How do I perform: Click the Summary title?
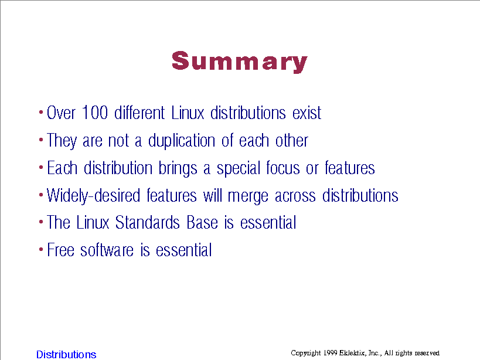pyautogui.click(x=239, y=62)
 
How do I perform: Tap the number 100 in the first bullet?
pyautogui.click(x=95, y=113)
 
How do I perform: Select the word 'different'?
pyautogui.click(x=139, y=113)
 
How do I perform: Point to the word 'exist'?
pyautogui.click(x=307, y=113)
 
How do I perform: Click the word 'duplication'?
pyautogui.click(x=182, y=141)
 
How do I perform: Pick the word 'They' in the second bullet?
pyautogui.click(x=62, y=141)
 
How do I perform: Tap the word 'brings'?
pyautogui.click(x=178, y=169)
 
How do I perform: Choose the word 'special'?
pyautogui.click(x=239, y=169)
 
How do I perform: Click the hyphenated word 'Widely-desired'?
pyautogui.click(x=93, y=196)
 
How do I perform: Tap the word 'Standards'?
pyautogui.click(x=148, y=222)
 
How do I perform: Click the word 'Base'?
pyautogui.click(x=202, y=222)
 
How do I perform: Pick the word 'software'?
pyautogui.click(x=107, y=250)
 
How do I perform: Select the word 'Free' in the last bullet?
pyautogui.click(x=60, y=250)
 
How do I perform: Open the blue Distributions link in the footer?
pyautogui.click(x=66, y=354)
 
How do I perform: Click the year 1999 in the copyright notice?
pyautogui.click(x=330, y=353)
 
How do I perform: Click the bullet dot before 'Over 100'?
pyautogui.click(x=41, y=113)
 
